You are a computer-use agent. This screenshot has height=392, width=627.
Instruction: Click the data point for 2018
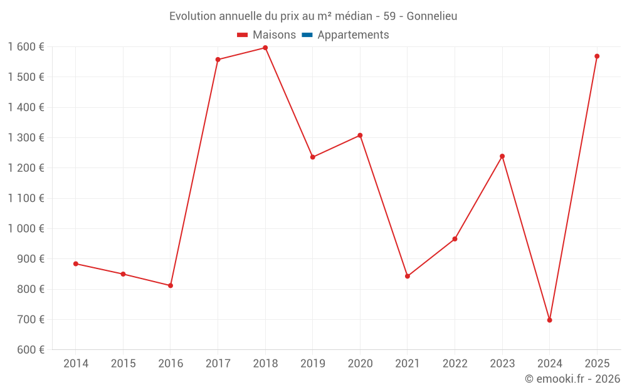coord(265,48)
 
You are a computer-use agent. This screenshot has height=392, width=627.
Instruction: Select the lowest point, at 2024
coord(549,320)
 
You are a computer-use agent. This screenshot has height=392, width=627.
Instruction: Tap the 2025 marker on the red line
coord(597,56)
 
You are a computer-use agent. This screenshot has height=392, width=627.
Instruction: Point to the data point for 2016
coord(171,285)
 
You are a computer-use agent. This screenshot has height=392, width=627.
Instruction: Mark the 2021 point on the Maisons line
coord(408,276)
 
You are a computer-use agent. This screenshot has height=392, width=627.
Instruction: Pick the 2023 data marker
coord(502,156)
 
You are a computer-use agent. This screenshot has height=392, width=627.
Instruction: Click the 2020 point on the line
coord(360,135)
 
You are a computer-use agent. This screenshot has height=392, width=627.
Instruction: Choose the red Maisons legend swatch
coord(243,35)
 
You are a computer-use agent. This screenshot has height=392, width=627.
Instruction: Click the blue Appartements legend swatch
coord(307,35)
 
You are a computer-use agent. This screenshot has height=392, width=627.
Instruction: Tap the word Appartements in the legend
coord(353,35)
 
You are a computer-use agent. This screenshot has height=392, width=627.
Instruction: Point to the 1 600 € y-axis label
coord(26,47)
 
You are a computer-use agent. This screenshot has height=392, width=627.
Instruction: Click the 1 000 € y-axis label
coord(26,229)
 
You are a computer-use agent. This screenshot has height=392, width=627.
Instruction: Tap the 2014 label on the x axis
coord(76,364)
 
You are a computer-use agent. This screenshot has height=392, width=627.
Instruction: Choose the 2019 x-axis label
coord(313,364)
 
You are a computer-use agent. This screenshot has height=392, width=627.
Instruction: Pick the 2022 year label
coord(455,364)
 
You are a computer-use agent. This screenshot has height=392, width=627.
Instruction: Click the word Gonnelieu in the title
coord(432,16)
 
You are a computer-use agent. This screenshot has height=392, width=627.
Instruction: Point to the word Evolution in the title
coord(191,16)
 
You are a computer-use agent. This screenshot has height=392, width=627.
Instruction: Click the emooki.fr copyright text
coord(572,379)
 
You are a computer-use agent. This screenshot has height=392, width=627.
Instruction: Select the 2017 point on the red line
coord(218,60)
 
